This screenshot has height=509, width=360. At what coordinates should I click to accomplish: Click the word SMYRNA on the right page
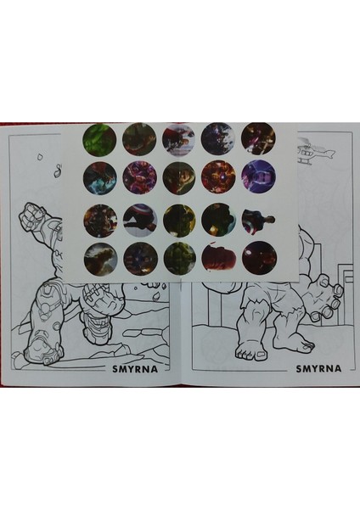[318, 369]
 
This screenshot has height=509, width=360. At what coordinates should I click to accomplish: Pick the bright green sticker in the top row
[98, 139]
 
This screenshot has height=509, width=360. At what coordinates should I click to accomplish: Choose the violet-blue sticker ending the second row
[258, 176]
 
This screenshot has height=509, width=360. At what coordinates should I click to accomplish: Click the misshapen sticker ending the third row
[257, 220]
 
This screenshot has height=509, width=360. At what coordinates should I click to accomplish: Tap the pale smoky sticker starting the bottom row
[98, 257]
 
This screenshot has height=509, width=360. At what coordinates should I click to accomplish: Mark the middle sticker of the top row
[178, 138]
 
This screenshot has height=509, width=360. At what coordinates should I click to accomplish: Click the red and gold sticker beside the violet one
[218, 176]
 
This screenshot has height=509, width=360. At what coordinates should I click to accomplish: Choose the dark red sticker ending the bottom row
[258, 257]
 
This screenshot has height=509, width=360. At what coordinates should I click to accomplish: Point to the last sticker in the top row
[258, 138]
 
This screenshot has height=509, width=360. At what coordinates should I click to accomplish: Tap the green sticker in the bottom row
[178, 257]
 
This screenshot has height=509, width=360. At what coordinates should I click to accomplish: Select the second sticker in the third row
[138, 219]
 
